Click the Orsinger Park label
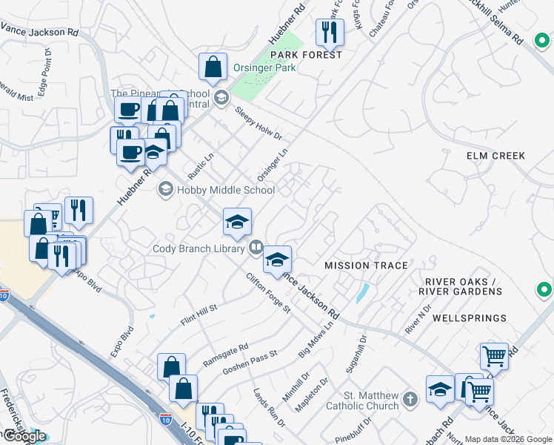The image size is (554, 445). point(265,67)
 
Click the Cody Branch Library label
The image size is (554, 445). point(198,248)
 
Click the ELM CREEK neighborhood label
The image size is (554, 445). point(495,156)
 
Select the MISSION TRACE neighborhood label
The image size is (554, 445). point(366,266)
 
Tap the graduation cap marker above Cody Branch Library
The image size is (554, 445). point(237,222)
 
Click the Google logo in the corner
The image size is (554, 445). point(24,436)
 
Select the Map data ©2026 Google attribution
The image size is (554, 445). point(508,439)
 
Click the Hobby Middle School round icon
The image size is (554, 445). point(165,191)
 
